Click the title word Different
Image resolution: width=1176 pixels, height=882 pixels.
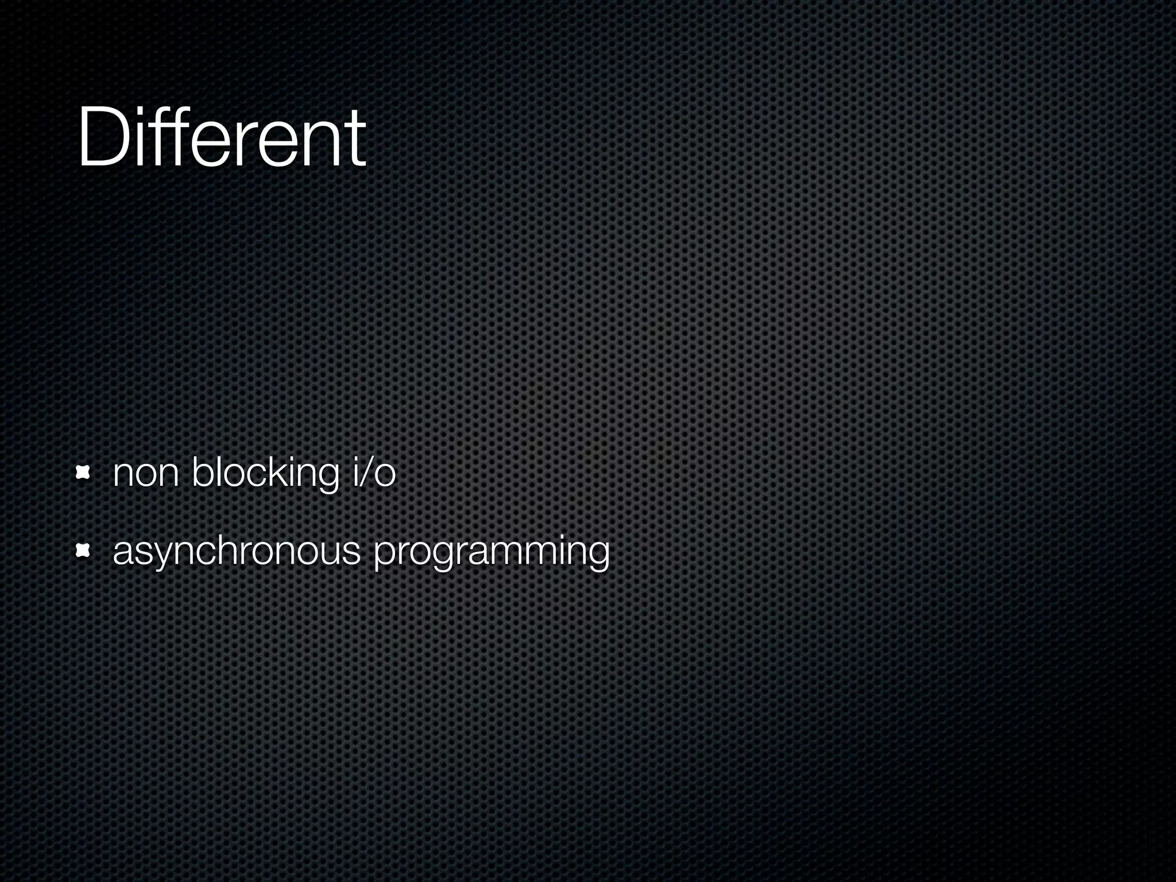pyautogui.click(x=221, y=138)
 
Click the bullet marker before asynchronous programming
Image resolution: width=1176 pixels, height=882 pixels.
pyautogui.click(x=84, y=552)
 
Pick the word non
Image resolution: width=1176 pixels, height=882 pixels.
pyautogui.click(x=146, y=474)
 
